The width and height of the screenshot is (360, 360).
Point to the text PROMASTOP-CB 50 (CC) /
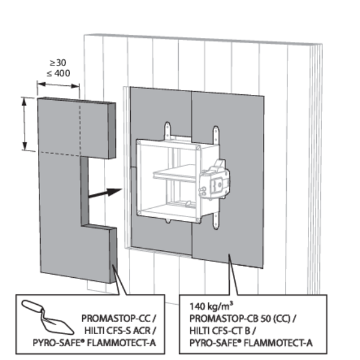click(240, 317)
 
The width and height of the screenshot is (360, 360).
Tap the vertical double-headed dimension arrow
click(25, 124)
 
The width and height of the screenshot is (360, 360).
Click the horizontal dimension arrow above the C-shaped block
click(58, 86)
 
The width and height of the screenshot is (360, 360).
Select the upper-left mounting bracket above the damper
click(168, 130)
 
